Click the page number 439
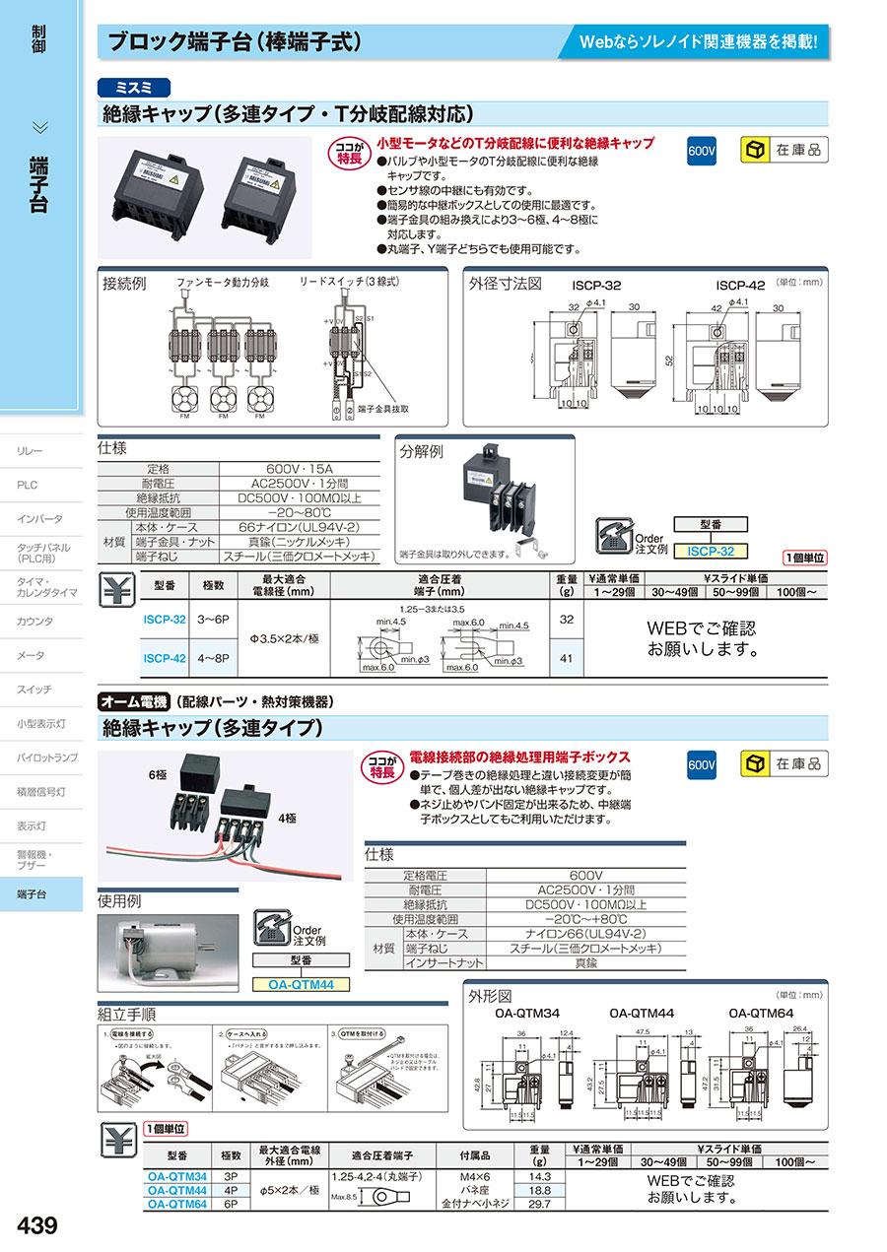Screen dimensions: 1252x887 click(38, 1225)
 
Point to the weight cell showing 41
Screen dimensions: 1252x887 click(565, 658)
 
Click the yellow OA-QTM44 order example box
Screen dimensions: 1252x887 click(301, 983)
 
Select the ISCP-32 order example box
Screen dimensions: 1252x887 click(711, 551)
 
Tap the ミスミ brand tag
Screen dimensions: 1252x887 click(135, 87)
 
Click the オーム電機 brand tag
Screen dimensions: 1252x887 click(131, 702)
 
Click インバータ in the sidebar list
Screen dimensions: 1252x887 click(39, 519)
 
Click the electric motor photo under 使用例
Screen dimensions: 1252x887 click(168, 952)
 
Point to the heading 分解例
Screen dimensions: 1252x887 click(422, 452)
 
